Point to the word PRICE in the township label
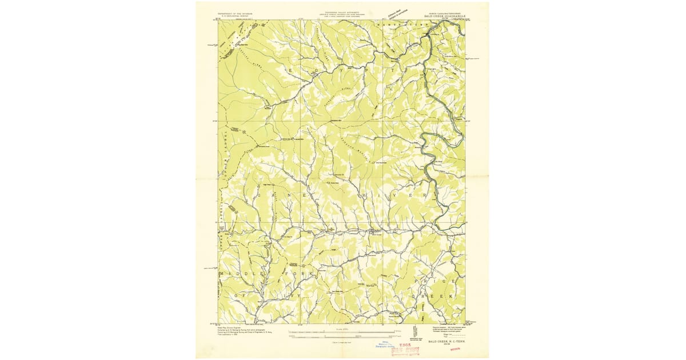tap(438, 281)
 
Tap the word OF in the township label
tap(243, 295)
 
